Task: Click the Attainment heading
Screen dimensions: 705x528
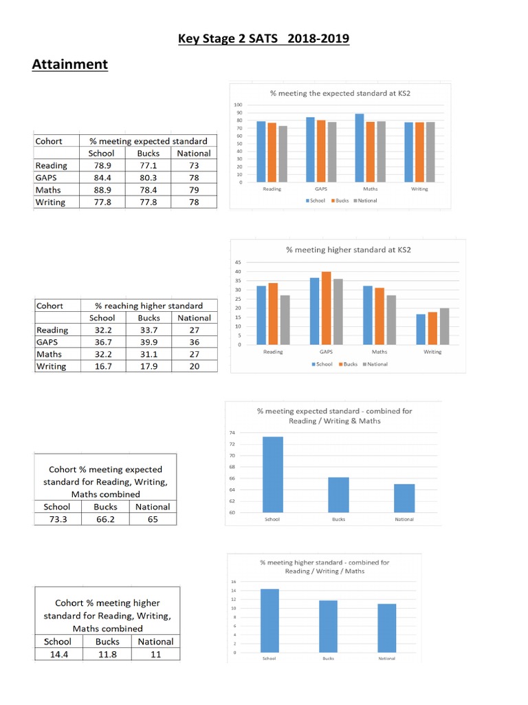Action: tap(69, 65)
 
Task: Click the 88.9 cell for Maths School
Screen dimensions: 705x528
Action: tap(102, 190)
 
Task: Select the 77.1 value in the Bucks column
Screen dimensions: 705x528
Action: tap(148, 165)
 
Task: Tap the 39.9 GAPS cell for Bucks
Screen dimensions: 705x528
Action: tap(148, 341)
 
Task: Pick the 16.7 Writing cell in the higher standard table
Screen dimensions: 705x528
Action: tap(102, 366)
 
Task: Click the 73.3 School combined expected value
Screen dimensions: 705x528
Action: tap(57, 519)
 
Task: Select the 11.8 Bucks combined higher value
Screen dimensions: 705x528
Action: tap(107, 654)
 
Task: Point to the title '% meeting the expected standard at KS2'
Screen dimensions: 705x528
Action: tap(340, 94)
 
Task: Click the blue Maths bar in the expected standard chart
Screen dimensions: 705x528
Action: tap(359, 149)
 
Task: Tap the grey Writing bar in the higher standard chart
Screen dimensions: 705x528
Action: tap(443, 326)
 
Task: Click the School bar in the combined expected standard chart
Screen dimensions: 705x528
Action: tap(272, 474)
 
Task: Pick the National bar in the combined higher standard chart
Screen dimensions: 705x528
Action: tap(386, 628)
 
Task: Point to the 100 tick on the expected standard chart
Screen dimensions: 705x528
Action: tap(239, 105)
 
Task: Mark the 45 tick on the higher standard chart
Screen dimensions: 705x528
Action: tap(238, 262)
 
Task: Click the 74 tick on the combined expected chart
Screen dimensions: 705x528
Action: tap(232, 432)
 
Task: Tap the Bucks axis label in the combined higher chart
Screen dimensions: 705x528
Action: tap(329, 659)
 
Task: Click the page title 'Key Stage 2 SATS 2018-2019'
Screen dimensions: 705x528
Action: tap(263, 39)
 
